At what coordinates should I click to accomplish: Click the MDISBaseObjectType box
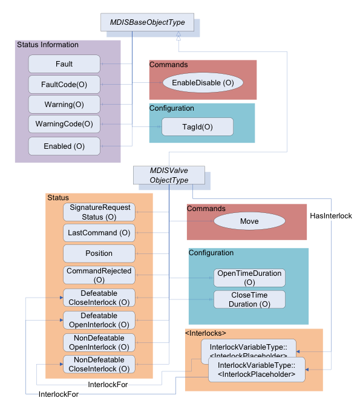point(147,23)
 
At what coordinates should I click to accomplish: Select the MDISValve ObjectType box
point(169,175)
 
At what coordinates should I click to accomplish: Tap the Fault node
point(64,64)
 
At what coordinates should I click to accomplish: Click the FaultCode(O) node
point(64,85)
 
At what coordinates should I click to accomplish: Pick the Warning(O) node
point(64,105)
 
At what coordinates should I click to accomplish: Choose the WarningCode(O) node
point(64,124)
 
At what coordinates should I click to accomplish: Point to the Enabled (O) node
point(64,146)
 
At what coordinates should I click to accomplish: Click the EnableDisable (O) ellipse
point(203,82)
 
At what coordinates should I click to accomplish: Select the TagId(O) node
point(197,126)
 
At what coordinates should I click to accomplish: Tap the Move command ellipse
point(249,221)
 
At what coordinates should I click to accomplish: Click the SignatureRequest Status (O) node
point(100,212)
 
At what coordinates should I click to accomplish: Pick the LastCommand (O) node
point(100,233)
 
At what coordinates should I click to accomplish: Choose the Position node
point(100,253)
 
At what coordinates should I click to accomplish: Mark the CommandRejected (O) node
point(100,275)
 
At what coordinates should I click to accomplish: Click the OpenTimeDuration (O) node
point(249,278)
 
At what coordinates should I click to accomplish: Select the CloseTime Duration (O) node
point(249,299)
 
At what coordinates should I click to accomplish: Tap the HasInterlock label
point(330,215)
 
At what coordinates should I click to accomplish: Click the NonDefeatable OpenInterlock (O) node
point(100,342)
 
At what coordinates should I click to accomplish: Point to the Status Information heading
point(48,45)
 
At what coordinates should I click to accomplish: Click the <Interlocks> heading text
point(205,333)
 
